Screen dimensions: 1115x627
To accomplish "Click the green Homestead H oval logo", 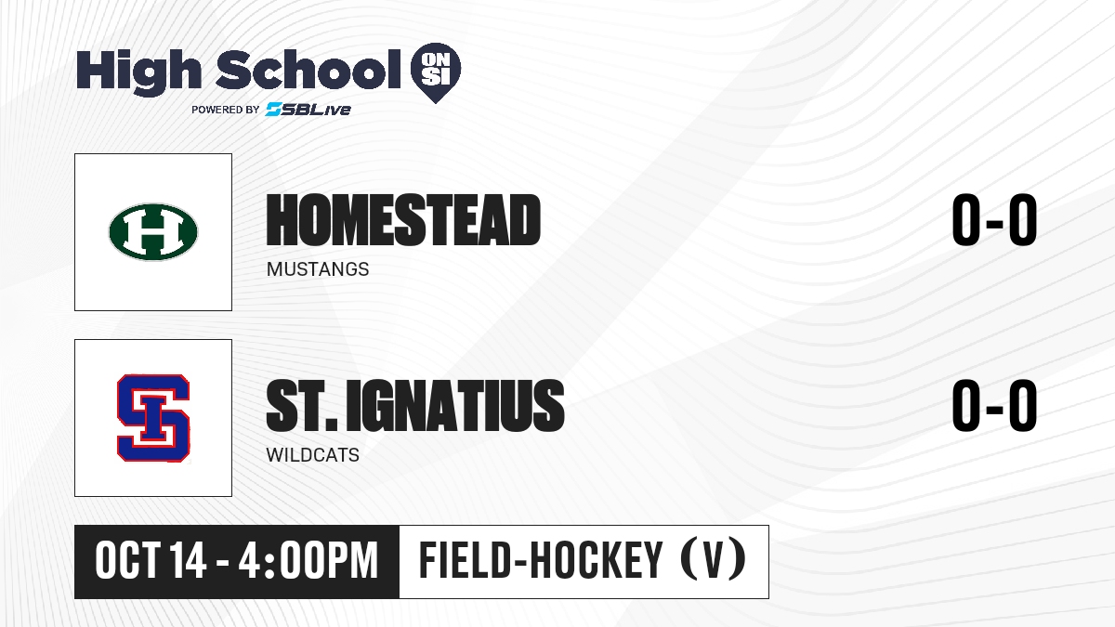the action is tap(153, 232).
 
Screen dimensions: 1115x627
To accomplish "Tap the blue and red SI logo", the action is tap(153, 418).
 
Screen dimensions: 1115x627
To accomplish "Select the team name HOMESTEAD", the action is tap(403, 220).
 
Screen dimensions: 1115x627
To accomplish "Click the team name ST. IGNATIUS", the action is tap(415, 406).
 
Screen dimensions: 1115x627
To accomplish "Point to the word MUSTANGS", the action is tap(318, 269).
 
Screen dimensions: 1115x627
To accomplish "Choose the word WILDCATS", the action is tap(312, 455).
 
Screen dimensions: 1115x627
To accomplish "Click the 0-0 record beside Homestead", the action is tap(994, 220).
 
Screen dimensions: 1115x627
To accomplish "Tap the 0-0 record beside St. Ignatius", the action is tap(994, 406).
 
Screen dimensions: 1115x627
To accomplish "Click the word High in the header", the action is tap(139, 72).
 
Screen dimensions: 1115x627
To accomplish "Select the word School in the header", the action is tap(308, 70).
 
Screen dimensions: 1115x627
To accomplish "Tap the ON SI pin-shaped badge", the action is tap(436, 72).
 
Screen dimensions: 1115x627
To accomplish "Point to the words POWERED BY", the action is tap(226, 110).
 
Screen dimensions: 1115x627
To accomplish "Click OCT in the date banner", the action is tap(128, 561).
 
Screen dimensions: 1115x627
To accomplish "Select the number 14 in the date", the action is tap(188, 561).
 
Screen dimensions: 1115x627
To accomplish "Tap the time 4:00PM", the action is tap(308, 561).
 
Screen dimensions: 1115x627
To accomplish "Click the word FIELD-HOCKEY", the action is tap(541, 561).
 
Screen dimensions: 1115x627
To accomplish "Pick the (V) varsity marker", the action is tap(714, 561).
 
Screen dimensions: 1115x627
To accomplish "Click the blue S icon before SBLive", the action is tap(274, 110).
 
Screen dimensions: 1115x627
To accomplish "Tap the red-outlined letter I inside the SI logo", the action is tap(152, 418).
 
